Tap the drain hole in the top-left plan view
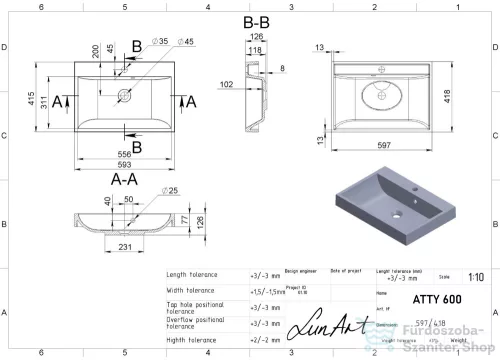[126, 96]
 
